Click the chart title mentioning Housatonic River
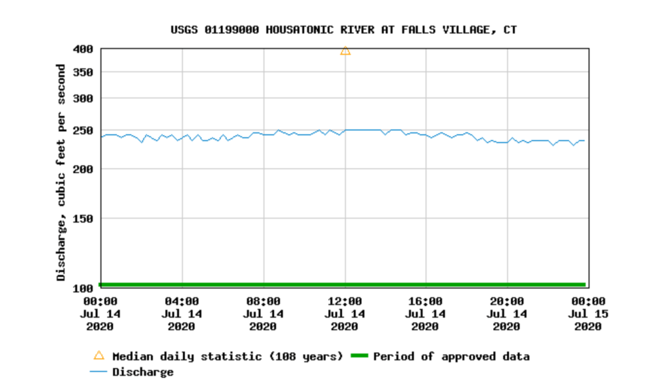(343, 29)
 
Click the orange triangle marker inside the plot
(345, 50)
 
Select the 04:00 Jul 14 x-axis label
(182, 314)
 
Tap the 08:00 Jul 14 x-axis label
(263, 314)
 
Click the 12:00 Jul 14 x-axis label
(345, 314)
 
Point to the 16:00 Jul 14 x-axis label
(426, 314)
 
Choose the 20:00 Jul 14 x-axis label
(507, 314)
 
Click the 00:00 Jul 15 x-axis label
(589, 314)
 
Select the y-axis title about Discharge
(61, 172)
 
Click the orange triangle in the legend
(99, 356)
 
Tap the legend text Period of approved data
(451, 357)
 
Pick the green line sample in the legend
(359, 357)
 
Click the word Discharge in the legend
(142, 372)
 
